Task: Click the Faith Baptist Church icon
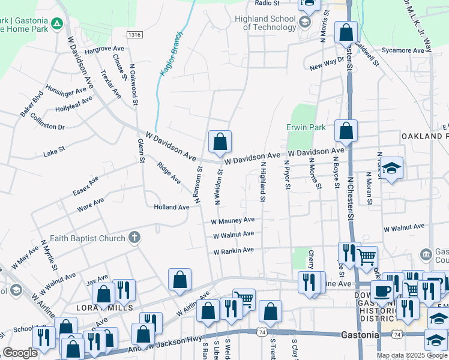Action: coord(133,238)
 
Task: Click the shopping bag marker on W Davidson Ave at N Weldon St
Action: coord(220,142)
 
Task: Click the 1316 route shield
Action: coord(134,35)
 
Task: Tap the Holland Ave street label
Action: coord(171,207)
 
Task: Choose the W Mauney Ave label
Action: coord(232,221)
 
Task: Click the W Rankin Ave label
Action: coord(234,250)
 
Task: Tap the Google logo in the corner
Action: coord(20,353)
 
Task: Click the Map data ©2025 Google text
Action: coord(412,355)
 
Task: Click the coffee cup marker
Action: coord(382,290)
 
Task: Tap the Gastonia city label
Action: coord(360,335)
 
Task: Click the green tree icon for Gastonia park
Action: coord(56,24)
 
